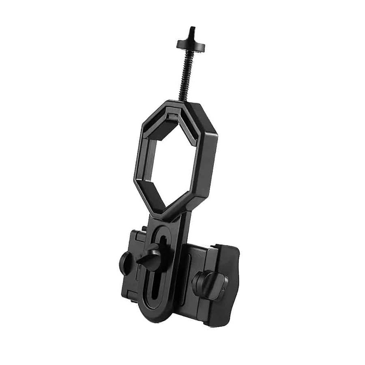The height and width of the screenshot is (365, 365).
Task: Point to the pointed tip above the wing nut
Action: point(192,29)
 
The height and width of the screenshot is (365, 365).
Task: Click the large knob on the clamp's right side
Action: point(207,284)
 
